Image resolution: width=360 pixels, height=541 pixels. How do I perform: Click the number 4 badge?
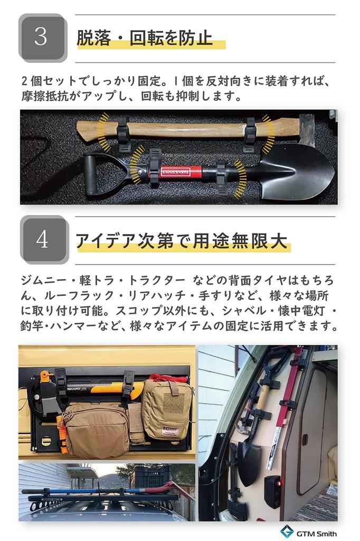[x=43, y=239]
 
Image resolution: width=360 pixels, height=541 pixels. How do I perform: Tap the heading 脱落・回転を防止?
[x=145, y=38]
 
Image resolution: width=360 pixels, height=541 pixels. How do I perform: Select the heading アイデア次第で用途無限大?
[x=182, y=240]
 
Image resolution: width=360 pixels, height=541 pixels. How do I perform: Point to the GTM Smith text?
[x=317, y=534]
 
